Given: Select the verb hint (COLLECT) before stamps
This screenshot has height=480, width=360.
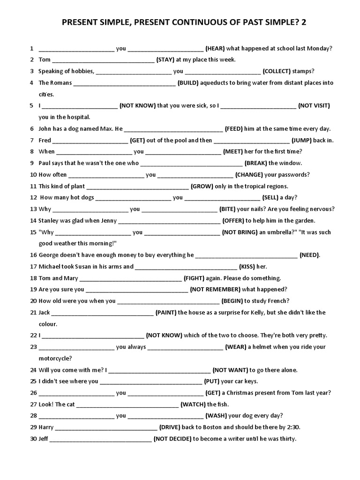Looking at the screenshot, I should coord(277,71).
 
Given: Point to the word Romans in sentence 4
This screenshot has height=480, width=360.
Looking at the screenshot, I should coord(61,82).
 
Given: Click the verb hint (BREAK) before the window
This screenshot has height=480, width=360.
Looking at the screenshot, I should coord(256,163).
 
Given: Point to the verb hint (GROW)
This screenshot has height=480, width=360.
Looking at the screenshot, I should coord(202,186).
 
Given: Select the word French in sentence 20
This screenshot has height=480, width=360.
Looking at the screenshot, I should coord(279,301).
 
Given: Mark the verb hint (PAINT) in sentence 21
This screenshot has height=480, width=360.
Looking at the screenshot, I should coord(166,312).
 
